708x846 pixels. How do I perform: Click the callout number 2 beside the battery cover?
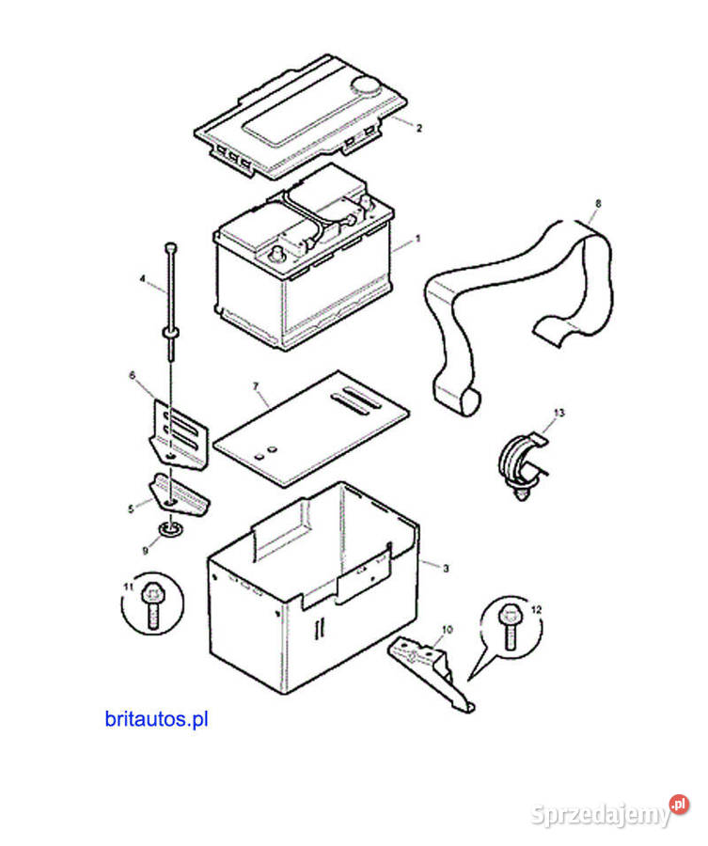click(x=419, y=128)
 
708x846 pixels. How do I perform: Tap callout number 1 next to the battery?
click(x=418, y=240)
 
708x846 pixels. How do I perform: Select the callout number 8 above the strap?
click(x=598, y=203)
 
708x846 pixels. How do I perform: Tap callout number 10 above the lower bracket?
click(x=447, y=628)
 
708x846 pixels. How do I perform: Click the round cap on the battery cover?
click(x=364, y=87)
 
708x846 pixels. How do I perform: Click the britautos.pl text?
click(x=157, y=720)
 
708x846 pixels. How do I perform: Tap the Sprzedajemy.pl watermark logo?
click(x=610, y=814)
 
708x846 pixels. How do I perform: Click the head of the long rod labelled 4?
click(x=169, y=246)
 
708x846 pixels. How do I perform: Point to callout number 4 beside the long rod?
click(x=143, y=278)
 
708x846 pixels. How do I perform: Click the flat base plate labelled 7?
click(x=310, y=428)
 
